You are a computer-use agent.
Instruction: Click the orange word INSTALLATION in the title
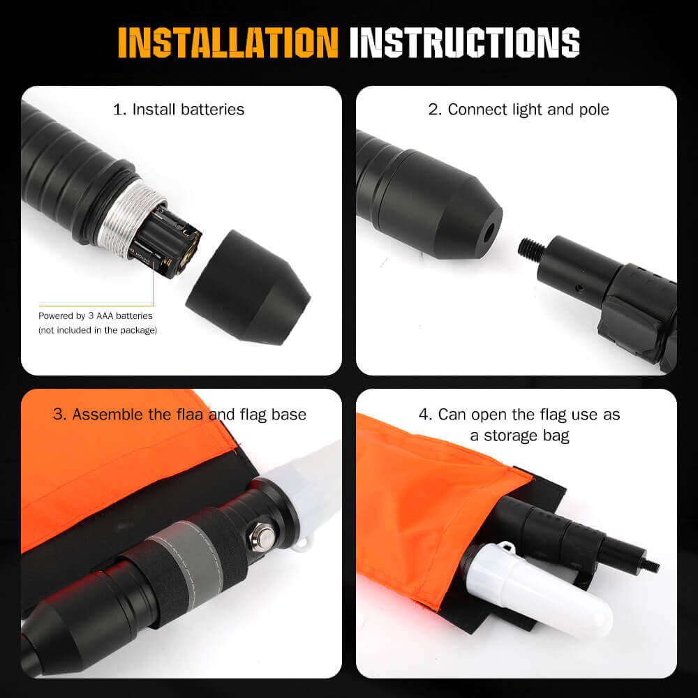(228, 43)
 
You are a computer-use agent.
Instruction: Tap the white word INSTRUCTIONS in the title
(464, 43)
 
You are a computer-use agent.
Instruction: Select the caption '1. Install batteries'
(179, 110)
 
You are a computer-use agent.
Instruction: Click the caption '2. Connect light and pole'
(519, 110)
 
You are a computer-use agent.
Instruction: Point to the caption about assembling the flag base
(180, 415)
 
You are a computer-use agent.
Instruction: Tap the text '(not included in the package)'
(97, 329)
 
